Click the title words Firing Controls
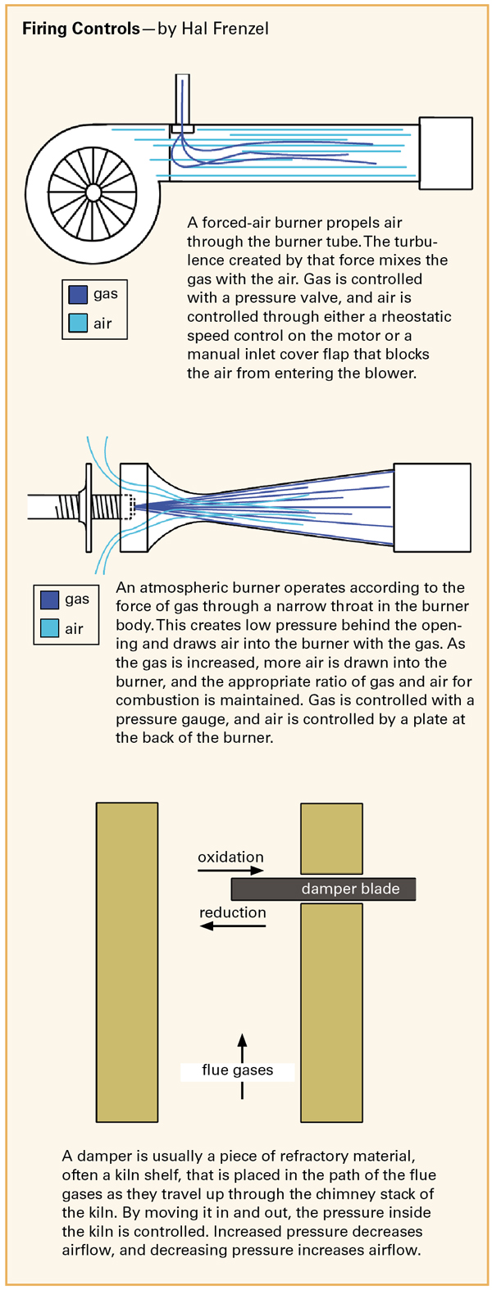point(80,29)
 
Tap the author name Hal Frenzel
point(225,29)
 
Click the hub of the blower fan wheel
point(93,192)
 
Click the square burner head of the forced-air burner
point(446,153)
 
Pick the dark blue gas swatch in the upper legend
point(78,294)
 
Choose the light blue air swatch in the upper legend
point(78,323)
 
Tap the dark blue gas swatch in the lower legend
point(49,600)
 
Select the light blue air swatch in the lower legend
point(49,627)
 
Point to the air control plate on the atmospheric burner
point(89,507)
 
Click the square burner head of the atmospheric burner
point(432,507)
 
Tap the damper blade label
point(351,889)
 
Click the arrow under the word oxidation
point(230,870)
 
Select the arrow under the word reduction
point(233,926)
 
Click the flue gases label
point(238,1070)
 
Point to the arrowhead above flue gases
point(242,1039)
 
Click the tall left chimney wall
point(127,962)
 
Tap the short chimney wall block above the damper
point(331,839)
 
